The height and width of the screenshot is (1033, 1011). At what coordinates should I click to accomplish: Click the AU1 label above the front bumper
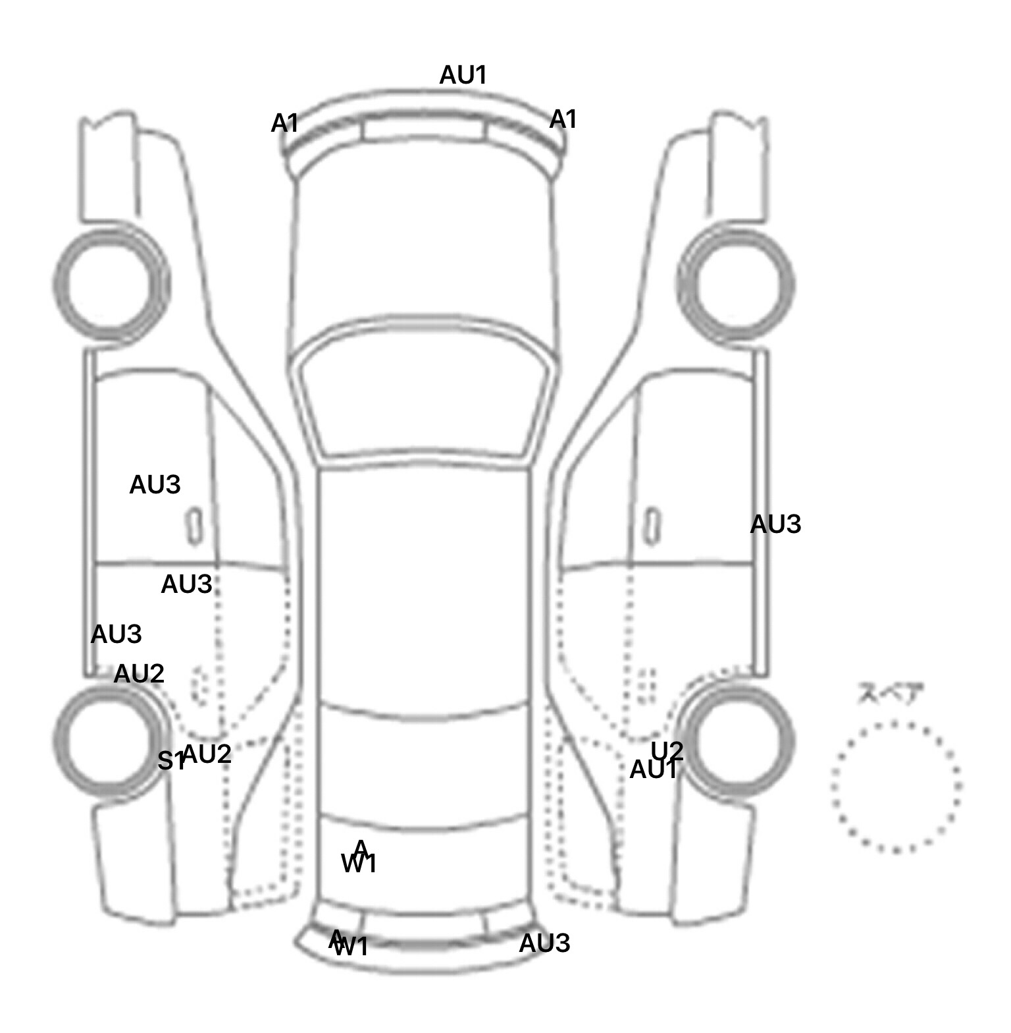[x=463, y=75]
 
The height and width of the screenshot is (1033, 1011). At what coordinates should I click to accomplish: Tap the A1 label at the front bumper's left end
[x=284, y=123]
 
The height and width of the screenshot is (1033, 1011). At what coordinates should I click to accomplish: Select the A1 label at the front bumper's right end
[x=563, y=119]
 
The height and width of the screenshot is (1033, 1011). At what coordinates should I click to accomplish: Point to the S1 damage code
[x=170, y=762]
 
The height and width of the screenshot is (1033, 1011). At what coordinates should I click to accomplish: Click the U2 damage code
[x=667, y=750]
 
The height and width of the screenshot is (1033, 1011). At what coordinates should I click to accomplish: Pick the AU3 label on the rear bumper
[x=544, y=943]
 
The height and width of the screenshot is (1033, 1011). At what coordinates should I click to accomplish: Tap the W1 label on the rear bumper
[x=351, y=948]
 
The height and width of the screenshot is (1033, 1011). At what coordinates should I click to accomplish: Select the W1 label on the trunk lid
[x=359, y=863]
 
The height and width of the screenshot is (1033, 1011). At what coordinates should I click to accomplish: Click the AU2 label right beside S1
[x=207, y=754]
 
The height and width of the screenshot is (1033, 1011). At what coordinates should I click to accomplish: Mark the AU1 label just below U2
[x=653, y=769]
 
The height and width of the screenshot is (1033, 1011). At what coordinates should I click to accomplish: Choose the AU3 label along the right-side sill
[x=775, y=524]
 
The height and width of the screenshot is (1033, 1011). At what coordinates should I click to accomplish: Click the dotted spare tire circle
[x=896, y=787]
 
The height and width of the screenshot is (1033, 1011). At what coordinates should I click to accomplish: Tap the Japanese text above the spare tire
[x=891, y=694]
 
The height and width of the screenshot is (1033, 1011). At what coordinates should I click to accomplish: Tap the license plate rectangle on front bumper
[x=425, y=128]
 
